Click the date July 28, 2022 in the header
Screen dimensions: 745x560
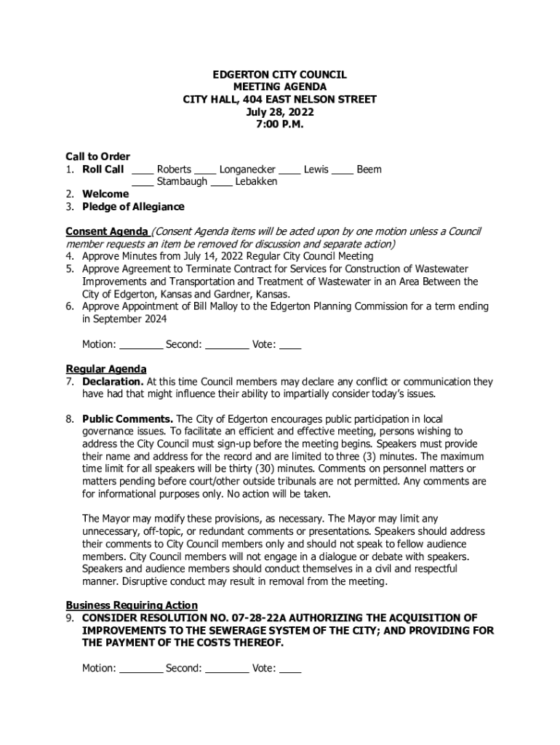279,112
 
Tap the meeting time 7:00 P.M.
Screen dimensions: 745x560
279,124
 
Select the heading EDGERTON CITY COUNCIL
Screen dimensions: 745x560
279,75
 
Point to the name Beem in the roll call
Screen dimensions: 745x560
369,170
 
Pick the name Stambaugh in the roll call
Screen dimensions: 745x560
182,182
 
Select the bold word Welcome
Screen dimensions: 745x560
105,194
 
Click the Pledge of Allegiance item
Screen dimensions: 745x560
133,207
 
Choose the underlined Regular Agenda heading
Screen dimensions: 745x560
106,369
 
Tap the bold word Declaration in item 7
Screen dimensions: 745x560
113,381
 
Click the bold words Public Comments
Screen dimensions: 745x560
127,419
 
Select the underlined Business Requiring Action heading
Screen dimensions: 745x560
132,605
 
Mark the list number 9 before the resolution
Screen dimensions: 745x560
70,618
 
